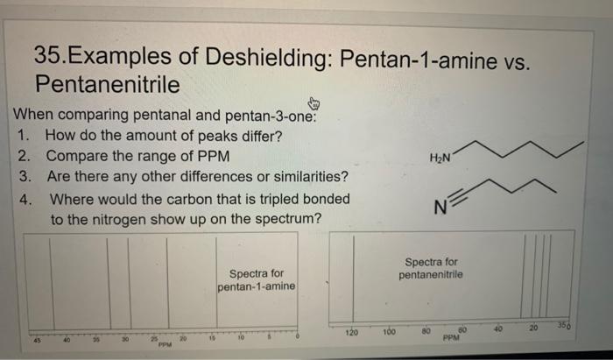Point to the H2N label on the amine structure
coord(440,157)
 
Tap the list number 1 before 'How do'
coord(25,136)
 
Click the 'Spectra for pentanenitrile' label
coord(432,268)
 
